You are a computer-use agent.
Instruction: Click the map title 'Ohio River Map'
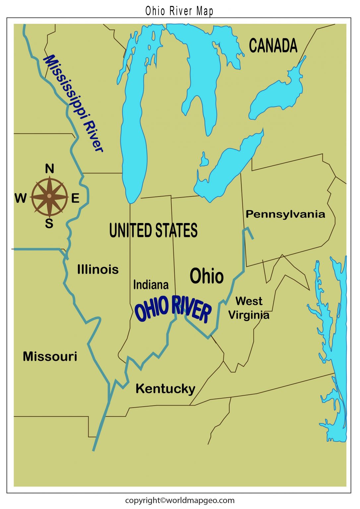point(179,11)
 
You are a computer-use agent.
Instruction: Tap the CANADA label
point(273,46)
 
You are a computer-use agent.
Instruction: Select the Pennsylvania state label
point(285,214)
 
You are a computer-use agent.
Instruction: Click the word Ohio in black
point(207,276)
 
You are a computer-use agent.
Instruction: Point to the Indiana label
point(151,285)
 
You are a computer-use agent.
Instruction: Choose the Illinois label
point(98,269)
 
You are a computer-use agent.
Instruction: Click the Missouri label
point(50,357)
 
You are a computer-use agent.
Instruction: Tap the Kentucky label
point(165,389)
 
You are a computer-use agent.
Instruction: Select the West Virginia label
point(249,308)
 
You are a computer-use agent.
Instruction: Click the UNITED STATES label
point(153,231)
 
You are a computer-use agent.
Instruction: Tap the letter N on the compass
point(49,169)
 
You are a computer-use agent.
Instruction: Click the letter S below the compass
point(49,224)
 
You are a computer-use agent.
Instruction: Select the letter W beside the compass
point(21,198)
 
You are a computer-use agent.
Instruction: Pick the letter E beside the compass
point(75,198)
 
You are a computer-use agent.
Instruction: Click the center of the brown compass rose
point(49,196)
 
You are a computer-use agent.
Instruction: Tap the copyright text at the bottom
point(179,500)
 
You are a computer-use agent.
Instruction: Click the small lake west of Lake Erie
point(204,160)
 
